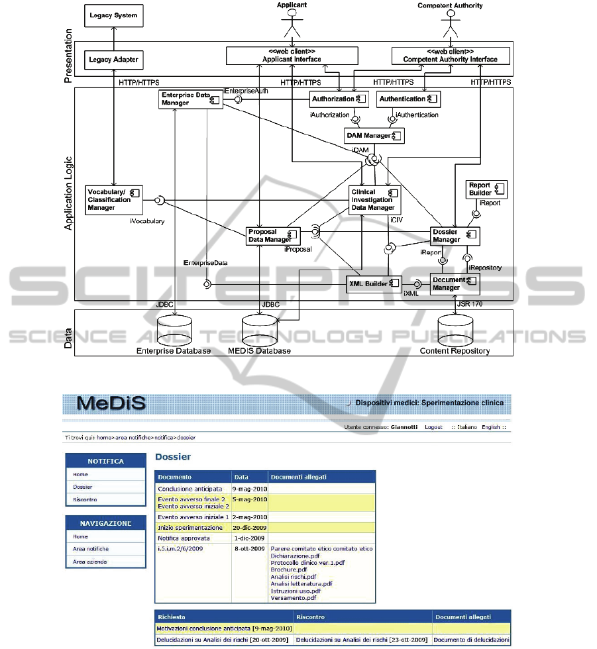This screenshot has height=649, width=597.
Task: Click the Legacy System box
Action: tap(114, 15)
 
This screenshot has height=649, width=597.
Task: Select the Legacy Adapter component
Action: tap(113, 60)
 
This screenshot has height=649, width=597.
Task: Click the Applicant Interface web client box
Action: tap(292, 56)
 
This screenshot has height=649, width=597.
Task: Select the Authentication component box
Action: tap(408, 99)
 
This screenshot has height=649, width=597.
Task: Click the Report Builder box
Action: tap(486, 189)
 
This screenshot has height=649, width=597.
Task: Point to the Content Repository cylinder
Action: tap(455, 328)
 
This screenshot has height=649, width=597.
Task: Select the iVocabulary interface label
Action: tap(148, 221)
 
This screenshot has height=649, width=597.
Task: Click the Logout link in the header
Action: tap(433, 427)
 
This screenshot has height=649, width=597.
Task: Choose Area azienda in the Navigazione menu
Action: tap(90, 562)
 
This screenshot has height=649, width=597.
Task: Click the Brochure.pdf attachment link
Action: tap(289, 570)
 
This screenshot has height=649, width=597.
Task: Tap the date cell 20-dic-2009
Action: tap(249, 528)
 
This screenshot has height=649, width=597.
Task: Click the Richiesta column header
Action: tap(172, 617)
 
